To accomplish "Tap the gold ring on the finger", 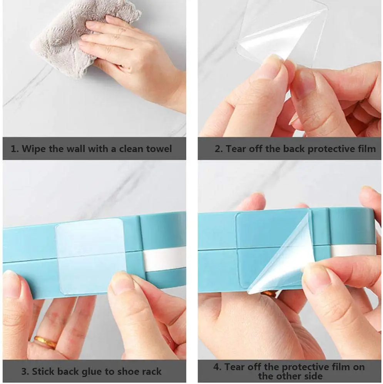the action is (x=46, y=342).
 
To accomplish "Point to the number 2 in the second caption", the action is (x=218, y=149).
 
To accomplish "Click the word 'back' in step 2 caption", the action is (x=294, y=149).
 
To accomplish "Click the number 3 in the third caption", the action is (x=25, y=371).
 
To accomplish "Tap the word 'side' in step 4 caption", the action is (x=312, y=376).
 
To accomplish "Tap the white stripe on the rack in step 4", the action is (x=353, y=250).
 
